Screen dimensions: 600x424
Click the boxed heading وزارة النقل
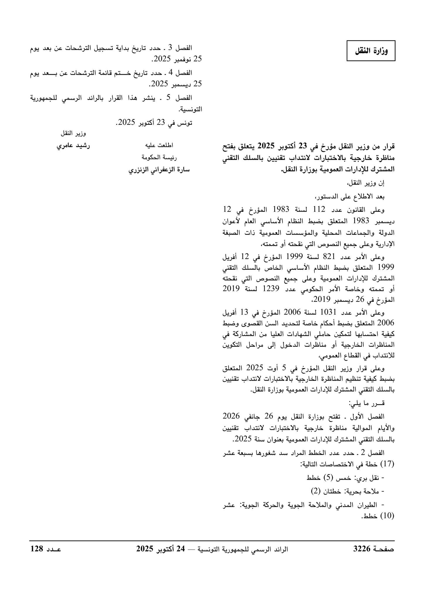[x=371, y=51]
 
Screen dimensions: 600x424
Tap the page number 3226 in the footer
[x=362, y=549]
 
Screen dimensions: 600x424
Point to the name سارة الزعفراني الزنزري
[x=159, y=170]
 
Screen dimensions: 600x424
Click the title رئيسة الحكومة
[x=159, y=158]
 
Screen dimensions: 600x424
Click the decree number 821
[x=329, y=257]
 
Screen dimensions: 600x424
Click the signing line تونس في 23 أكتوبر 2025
[x=154, y=123]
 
